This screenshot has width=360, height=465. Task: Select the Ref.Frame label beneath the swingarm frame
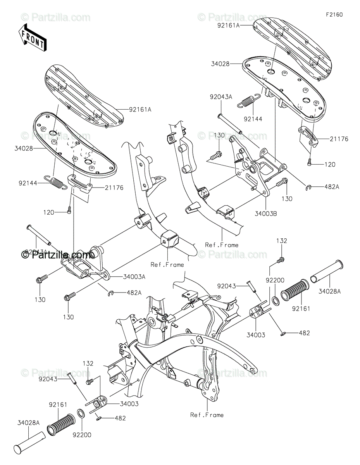pos(207,415)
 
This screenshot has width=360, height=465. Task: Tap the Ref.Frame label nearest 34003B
pos(222,245)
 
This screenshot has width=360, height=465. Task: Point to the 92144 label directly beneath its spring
pos(253,119)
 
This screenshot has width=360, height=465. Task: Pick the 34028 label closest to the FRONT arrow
pos(24,148)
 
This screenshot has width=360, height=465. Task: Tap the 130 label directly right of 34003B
pos(287,198)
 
